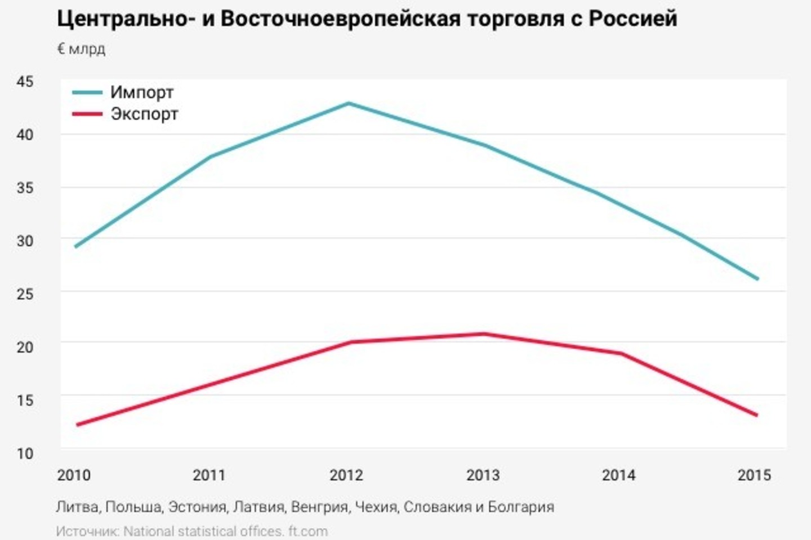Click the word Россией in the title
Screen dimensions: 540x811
tap(633, 19)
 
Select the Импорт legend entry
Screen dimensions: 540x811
tap(141, 92)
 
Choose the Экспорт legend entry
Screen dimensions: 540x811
tap(144, 114)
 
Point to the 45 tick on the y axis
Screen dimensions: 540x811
tap(25, 82)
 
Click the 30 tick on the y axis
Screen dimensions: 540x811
tap(25, 241)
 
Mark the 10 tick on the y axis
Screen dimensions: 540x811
tap(25, 453)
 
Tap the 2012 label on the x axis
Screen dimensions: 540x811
tap(346, 475)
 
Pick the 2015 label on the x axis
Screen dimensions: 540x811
tap(754, 475)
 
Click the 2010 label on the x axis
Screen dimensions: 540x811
tap(74, 475)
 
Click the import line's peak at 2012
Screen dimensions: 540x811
tap(349, 103)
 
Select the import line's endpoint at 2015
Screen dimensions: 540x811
tap(757, 278)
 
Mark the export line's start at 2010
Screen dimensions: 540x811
tap(77, 425)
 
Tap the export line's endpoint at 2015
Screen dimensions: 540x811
tap(756, 415)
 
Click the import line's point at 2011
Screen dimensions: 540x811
tap(211, 156)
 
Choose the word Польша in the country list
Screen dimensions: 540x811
tap(133, 507)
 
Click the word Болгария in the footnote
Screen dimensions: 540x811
tap(521, 507)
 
